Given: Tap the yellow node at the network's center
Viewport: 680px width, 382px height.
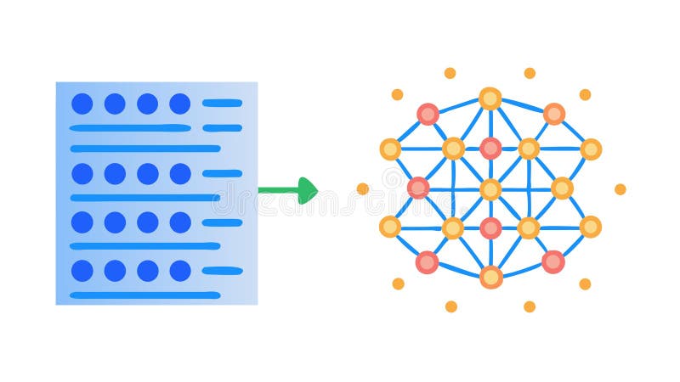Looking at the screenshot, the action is (490, 189).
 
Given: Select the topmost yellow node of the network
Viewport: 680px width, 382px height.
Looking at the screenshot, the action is (490, 98).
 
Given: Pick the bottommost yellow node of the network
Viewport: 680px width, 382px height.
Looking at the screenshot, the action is (490, 277).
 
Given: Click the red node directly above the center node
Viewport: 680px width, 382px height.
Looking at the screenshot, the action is (490, 149).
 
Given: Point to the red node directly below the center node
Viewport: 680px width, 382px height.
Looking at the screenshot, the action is (490, 228).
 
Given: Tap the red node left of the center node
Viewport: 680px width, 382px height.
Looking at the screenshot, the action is (418, 188).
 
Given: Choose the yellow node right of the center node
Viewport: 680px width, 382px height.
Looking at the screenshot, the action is (562, 188).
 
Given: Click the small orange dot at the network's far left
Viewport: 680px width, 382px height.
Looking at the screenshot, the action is (363, 188).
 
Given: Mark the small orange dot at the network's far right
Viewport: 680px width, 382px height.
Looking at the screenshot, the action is (620, 189).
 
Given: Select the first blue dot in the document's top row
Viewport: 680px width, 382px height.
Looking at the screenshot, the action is (82, 104).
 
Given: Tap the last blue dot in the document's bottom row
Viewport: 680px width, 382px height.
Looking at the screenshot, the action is (179, 271).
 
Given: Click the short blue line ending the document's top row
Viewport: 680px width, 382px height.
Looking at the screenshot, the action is (222, 104).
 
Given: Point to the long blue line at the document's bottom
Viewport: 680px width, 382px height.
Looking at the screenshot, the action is (144, 295).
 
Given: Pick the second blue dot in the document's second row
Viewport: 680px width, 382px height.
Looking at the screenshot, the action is (115, 174).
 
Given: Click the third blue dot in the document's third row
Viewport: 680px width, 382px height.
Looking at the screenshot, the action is (147, 222).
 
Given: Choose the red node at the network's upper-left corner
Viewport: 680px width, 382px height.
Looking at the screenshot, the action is (428, 114).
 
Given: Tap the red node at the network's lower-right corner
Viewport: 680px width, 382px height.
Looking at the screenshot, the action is (553, 261).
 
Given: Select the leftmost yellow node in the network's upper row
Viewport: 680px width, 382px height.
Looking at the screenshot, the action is (390, 149).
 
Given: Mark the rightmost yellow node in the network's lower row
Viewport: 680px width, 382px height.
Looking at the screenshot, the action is (590, 227).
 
